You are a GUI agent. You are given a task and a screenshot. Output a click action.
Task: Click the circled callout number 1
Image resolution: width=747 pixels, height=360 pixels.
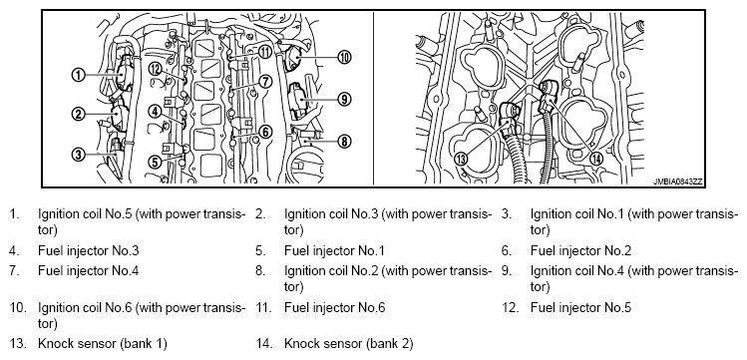click(78, 75)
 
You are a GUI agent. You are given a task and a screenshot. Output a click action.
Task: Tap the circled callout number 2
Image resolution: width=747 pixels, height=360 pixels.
click(78, 114)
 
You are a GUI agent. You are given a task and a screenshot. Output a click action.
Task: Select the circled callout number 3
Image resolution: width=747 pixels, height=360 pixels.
click(78, 155)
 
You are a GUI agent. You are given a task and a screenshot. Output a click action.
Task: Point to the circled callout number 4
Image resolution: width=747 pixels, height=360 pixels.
click(155, 112)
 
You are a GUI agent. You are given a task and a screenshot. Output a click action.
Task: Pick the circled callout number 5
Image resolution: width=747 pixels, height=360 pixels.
click(155, 162)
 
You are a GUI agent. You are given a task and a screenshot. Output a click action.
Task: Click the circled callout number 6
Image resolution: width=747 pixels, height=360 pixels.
click(265, 132)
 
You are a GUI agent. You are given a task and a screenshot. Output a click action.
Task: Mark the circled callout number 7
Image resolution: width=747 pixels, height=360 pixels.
click(265, 82)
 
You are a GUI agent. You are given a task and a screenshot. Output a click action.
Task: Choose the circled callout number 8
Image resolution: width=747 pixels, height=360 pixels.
click(344, 141)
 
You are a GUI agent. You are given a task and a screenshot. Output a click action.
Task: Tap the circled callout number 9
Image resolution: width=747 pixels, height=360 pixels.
click(344, 99)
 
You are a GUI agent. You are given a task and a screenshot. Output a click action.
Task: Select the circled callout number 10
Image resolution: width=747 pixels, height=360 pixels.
click(344, 58)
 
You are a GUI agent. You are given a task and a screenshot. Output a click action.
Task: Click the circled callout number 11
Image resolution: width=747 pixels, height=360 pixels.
click(265, 52)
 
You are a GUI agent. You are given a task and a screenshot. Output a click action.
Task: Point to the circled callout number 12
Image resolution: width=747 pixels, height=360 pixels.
click(155, 69)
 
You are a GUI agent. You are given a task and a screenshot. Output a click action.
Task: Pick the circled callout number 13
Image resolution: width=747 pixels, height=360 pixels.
click(461, 159)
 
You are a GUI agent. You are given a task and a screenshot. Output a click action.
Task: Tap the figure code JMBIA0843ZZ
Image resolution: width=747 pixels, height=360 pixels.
click(678, 181)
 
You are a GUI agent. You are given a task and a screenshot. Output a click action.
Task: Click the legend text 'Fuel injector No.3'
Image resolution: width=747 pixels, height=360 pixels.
click(89, 250)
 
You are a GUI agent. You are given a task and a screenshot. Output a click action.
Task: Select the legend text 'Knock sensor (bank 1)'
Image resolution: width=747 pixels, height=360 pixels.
click(103, 344)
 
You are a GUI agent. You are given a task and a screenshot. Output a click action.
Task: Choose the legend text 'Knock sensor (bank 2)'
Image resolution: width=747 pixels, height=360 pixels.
click(349, 344)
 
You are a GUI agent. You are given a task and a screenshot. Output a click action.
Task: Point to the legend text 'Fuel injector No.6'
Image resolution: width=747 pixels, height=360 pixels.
click(334, 307)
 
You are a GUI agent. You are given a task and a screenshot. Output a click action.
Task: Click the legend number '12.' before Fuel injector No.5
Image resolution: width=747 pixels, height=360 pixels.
click(510, 307)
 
